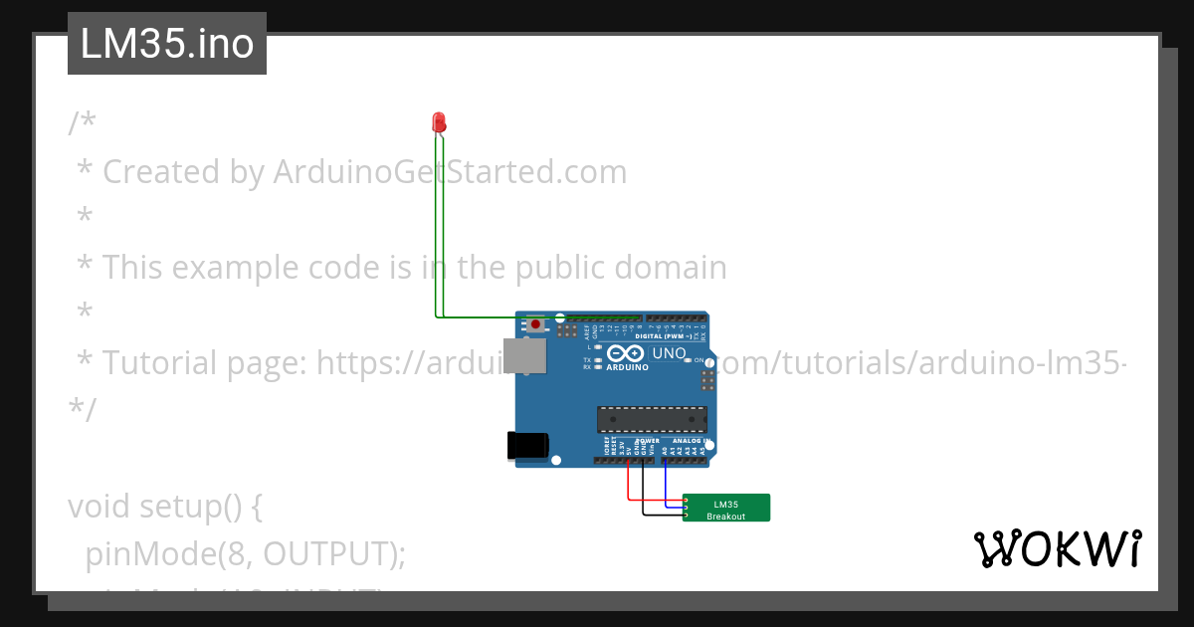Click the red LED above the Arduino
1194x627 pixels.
tap(439, 122)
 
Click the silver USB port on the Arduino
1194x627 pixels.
tap(524, 355)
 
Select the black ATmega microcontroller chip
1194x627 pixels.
tap(652, 420)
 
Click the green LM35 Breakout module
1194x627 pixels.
tap(726, 508)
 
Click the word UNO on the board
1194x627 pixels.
tap(669, 353)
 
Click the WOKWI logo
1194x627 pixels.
tap(1057, 548)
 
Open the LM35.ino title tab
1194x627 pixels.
tap(167, 44)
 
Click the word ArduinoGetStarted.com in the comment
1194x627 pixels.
tap(450, 172)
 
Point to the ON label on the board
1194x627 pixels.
tap(698, 359)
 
